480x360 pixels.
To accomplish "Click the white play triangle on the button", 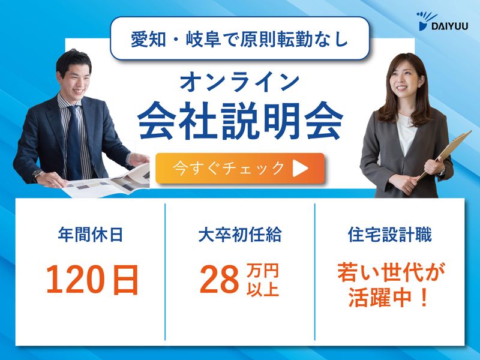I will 300,169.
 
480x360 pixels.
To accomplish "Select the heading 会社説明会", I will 240,122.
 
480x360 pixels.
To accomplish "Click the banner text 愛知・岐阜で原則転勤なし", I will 239,38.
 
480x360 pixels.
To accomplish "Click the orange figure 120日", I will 92,279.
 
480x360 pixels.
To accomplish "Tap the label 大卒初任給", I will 239,235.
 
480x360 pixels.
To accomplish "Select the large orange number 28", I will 218,280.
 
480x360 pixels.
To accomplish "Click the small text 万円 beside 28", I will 263,272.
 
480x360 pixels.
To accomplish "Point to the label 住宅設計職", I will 389,235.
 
